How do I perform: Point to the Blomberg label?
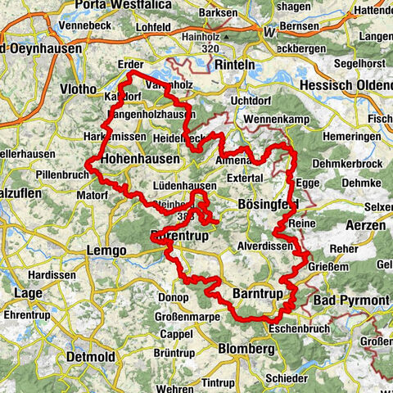click(241, 348)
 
